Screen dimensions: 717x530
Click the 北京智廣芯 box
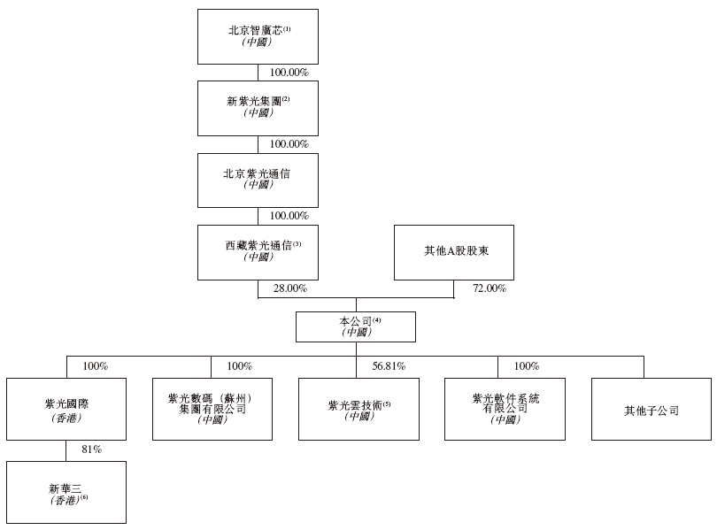pos(258,36)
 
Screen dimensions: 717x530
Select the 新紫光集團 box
pos(258,108)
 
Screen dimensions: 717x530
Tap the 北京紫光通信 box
pos(258,180)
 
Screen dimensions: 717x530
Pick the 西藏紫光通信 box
pos(258,252)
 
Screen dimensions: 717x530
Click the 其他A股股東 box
pos(454,252)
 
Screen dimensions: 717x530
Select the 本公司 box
pos(356,326)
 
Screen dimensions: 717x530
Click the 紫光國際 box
pos(66,409)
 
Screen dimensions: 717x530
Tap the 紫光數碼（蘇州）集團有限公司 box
pos(212,409)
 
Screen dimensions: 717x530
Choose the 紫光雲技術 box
pos(359,409)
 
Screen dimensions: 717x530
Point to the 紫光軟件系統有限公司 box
pos(505,409)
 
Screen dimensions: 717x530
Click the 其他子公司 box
pos(651,409)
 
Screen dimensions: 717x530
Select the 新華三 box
pos(66,492)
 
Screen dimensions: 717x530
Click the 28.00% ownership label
pos(290,288)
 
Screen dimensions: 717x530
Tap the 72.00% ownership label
pos(490,288)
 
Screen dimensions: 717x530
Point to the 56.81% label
pos(389,366)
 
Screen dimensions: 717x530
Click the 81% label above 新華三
pos(91,449)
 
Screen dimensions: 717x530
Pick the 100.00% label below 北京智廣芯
pos(289,73)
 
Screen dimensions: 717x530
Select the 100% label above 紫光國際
pos(95,366)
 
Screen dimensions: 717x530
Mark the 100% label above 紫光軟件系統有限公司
pos(527,366)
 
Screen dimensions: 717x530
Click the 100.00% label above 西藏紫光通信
pos(289,216)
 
